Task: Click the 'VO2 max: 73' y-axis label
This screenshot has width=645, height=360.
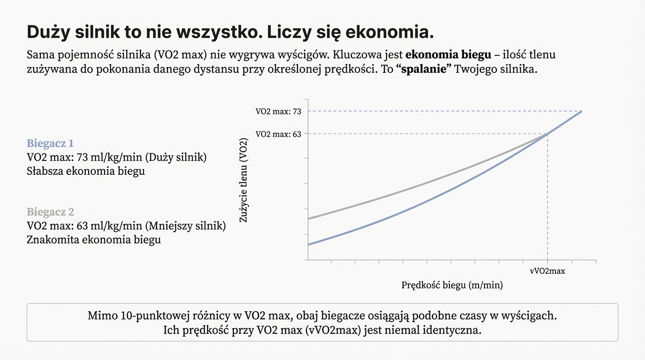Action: (x=278, y=112)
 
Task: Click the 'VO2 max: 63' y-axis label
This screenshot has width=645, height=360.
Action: (x=278, y=134)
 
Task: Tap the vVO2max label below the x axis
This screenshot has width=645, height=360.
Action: (x=547, y=271)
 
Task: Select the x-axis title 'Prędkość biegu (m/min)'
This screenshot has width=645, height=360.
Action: (x=452, y=285)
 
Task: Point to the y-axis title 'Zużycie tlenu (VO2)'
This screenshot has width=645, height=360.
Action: (x=243, y=180)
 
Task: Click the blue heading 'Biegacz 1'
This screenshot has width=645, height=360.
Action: (x=50, y=143)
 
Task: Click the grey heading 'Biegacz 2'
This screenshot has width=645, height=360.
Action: (x=50, y=212)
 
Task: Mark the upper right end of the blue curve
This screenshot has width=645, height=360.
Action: (x=581, y=112)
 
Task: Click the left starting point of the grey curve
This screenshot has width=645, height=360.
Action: (x=308, y=218)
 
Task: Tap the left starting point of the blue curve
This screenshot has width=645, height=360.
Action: (x=308, y=245)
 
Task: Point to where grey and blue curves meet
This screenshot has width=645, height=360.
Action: (x=547, y=135)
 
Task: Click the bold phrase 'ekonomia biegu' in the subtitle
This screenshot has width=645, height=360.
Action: (x=448, y=54)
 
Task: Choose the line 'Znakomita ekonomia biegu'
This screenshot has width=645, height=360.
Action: (x=94, y=240)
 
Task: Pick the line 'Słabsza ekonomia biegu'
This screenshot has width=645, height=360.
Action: (x=86, y=171)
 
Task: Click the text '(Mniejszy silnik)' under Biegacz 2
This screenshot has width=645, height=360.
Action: (x=186, y=226)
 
